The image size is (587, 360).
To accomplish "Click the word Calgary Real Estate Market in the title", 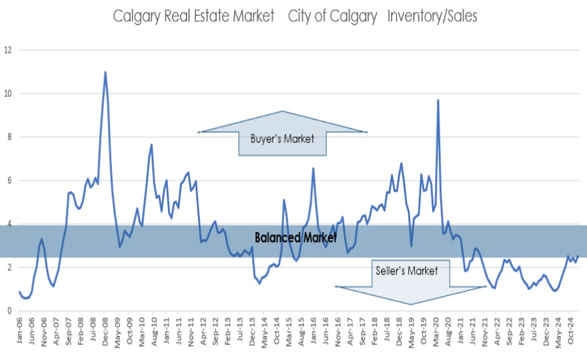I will [x=194, y=16].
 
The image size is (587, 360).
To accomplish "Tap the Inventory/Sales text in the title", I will [x=432, y=16].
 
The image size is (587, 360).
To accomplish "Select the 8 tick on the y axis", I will [x=7, y=137].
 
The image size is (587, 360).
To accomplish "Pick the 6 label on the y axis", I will [x=7, y=181].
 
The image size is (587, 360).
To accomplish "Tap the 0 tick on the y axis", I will [x=7, y=311].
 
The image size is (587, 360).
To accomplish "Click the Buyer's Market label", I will [x=283, y=139].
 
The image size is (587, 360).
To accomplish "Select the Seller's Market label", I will [x=407, y=271].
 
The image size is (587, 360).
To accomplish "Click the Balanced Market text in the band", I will [x=296, y=237].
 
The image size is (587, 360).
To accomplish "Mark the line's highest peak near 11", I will [x=105, y=72].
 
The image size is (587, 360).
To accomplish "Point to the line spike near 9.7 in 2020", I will [x=438, y=100].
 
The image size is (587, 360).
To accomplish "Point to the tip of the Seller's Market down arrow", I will [x=410, y=305].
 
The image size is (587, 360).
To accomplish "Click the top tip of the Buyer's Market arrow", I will [x=283, y=111].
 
